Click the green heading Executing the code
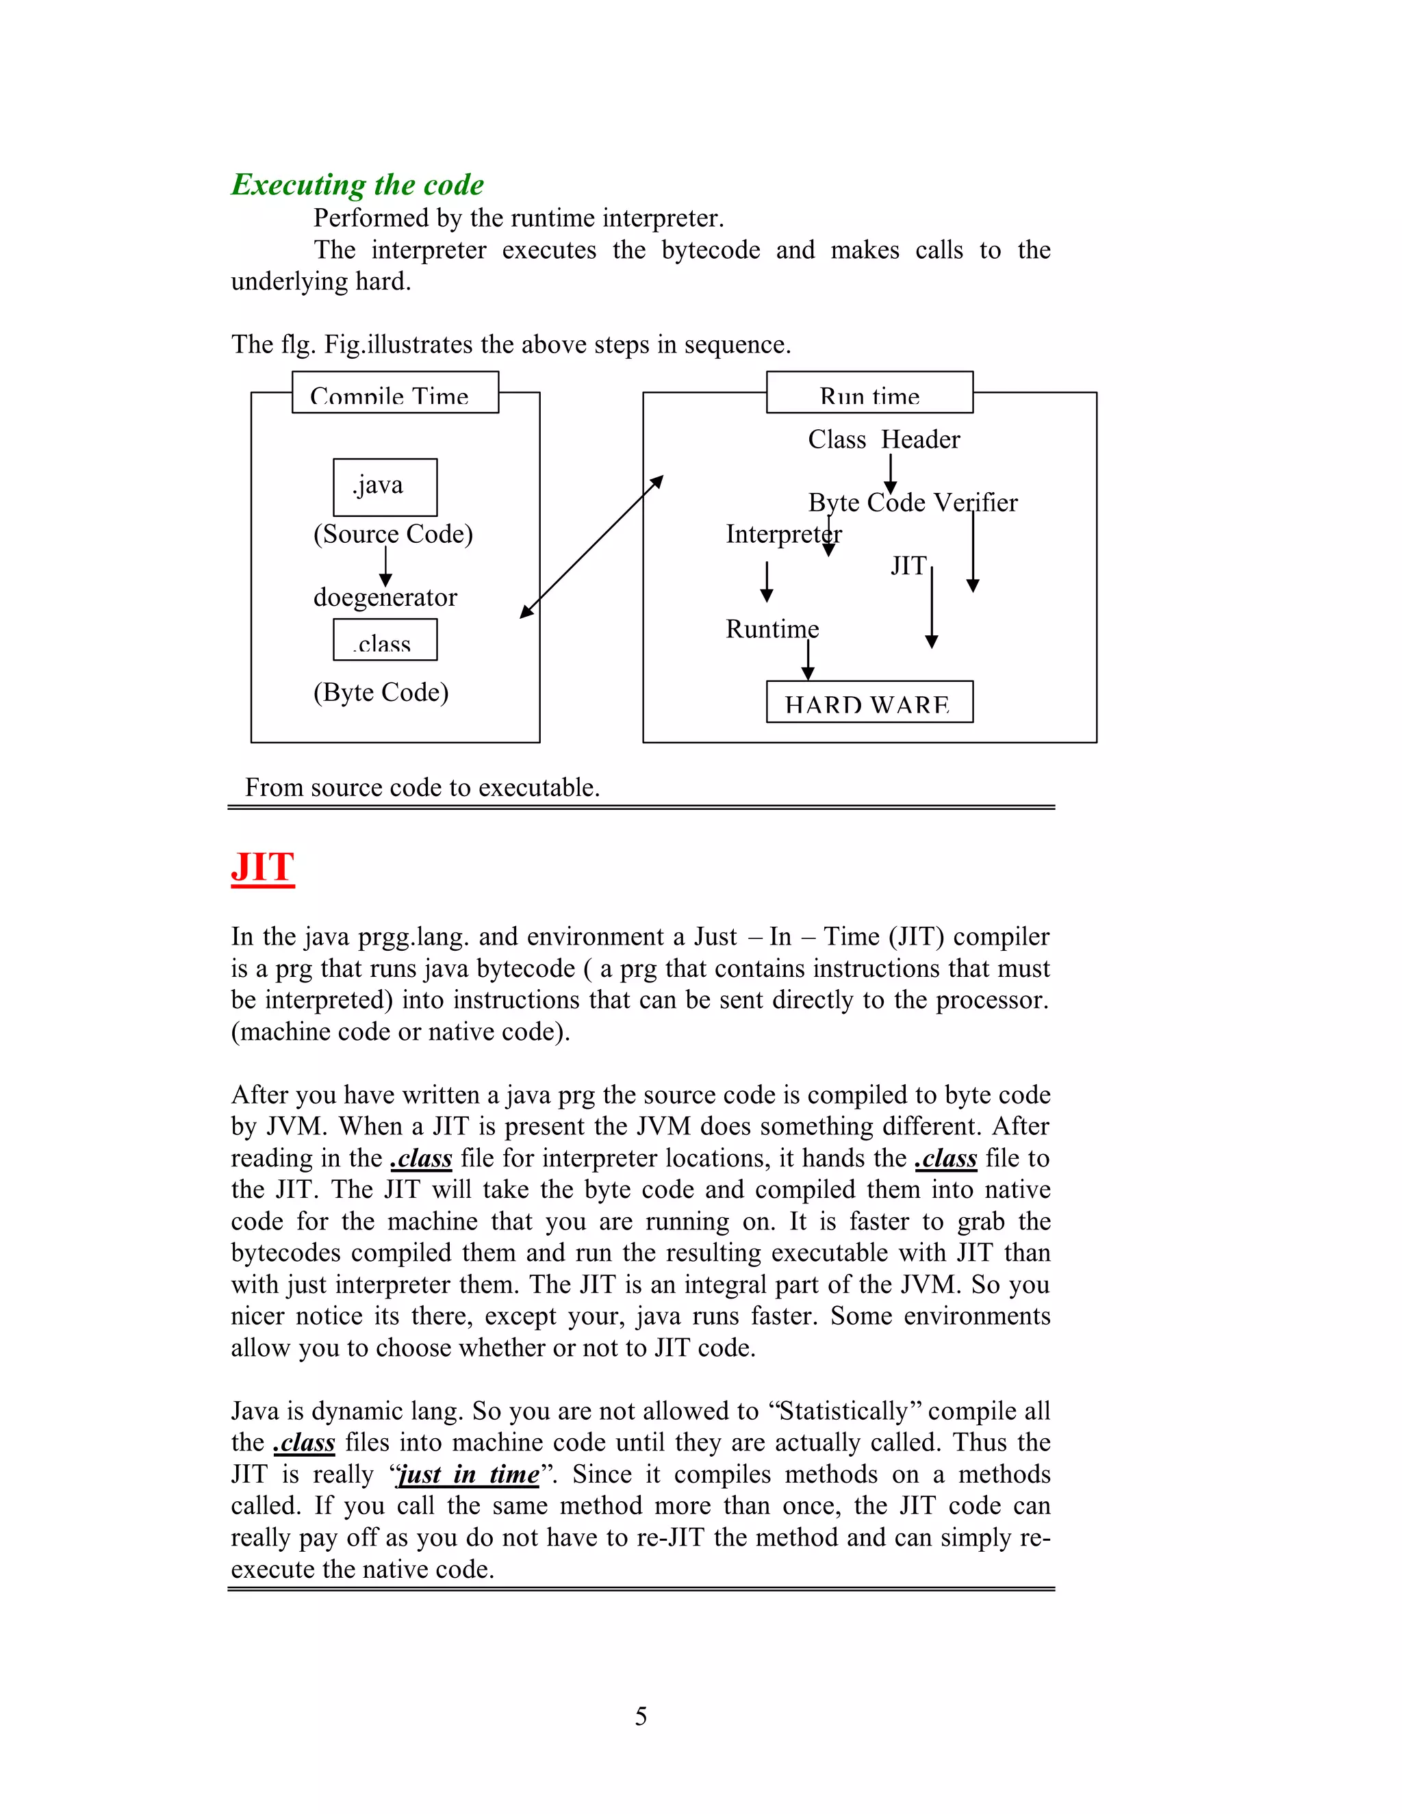click(357, 184)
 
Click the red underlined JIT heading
click(262, 867)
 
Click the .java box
click(385, 487)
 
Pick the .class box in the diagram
click(385, 639)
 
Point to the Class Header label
click(883, 439)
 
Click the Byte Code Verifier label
click(912, 502)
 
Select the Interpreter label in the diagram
click(782, 534)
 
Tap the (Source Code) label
click(393, 534)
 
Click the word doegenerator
click(385, 597)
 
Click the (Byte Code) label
click(381, 692)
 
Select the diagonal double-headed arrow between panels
click(591, 546)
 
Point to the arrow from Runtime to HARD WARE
click(807, 661)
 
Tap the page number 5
click(640, 1716)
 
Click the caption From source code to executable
click(422, 787)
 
